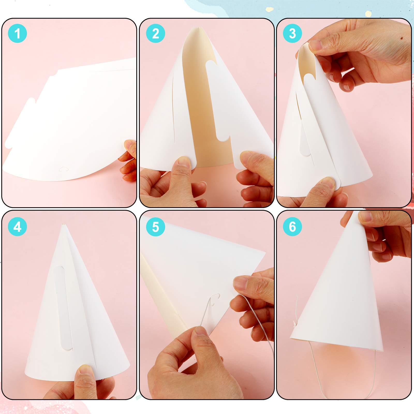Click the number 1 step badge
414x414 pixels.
(x=17, y=33)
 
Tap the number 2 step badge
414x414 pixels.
(x=156, y=33)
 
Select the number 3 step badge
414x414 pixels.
(x=292, y=33)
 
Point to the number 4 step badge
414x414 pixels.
(x=17, y=227)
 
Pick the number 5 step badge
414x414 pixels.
(x=156, y=227)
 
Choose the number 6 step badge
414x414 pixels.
(x=292, y=227)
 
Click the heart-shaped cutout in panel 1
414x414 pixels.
(x=64, y=169)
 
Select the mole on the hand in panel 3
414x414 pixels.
(x=402, y=38)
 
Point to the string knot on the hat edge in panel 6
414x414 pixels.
(x=294, y=323)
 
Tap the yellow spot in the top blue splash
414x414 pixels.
(x=270, y=9)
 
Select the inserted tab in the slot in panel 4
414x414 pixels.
(x=63, y=308)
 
